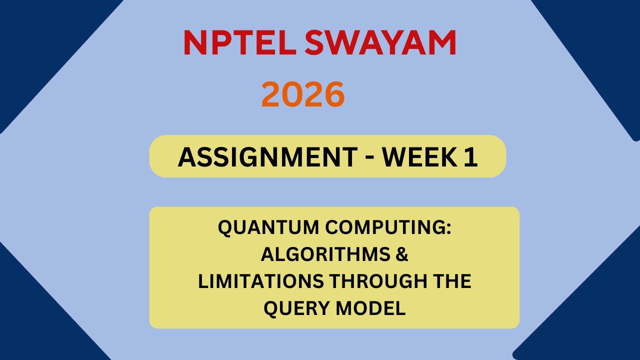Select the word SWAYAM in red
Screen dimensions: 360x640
[x=380, y=43]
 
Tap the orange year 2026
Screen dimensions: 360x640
[x=303, y=94]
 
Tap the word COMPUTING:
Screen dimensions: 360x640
[x=388, y=228]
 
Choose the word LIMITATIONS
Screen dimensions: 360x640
[x=260, y=281]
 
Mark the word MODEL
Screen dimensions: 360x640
[x=370, y=308]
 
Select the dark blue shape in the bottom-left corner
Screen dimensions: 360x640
[x=35, y=320]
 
